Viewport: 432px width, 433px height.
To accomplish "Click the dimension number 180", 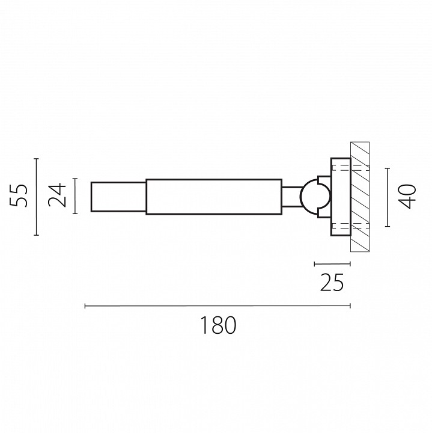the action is (x=218, y=325).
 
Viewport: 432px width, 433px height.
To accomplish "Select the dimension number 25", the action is (x=332, y=282).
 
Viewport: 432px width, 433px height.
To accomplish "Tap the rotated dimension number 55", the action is (x=19, y=195).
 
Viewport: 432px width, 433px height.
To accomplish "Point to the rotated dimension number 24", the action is (x=57, y=195).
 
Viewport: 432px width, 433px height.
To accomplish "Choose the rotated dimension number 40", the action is (x=407, y=196).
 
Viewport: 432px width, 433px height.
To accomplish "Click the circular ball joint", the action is (x=308, y=197).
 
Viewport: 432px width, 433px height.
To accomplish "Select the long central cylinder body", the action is (x=214, y=197).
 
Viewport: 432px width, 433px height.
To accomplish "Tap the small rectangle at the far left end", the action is (x=118, y=197).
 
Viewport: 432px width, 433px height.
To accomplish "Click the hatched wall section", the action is (x=360, y=197).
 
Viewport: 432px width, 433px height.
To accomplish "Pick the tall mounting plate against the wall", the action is (x=341, y=197).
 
